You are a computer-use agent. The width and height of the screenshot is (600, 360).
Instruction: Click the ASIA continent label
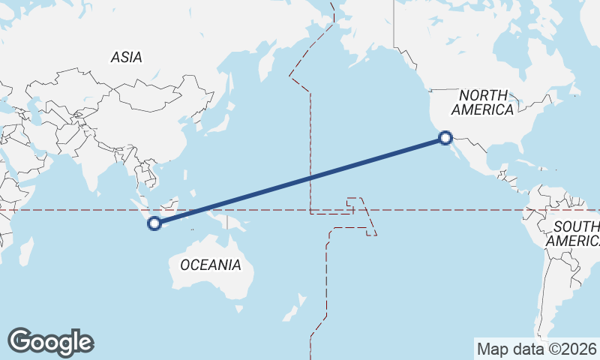[126, 57]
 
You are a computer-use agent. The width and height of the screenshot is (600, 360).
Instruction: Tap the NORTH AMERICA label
[482, 102]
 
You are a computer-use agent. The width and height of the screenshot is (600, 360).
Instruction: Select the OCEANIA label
[211, 264]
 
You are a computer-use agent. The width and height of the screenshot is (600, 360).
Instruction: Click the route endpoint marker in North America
[445, 137]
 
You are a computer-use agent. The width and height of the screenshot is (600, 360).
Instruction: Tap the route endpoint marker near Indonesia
[154, 223]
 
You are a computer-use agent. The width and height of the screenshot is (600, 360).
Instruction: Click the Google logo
[50, 342]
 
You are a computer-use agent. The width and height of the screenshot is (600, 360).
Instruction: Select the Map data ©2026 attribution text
[536, 349]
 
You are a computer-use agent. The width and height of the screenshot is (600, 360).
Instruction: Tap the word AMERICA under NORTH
[482, 109]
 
